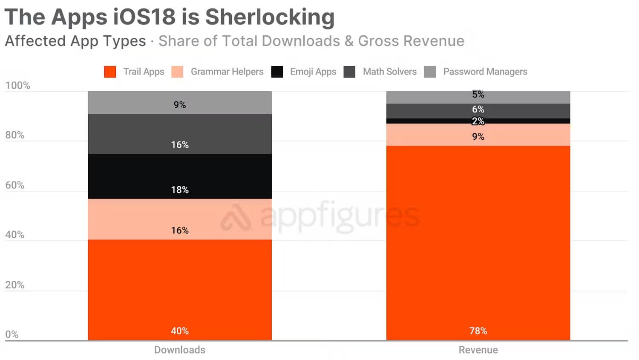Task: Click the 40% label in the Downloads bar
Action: tap(180, 331)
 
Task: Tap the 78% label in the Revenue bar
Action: tap(478, 331)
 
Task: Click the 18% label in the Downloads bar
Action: tap(180, 190)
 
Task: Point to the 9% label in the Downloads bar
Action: tap(180, 105)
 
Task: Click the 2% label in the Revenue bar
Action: tap(478, 121)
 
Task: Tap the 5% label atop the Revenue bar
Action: tap(478, 95)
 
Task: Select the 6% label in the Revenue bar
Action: tap(478, 109)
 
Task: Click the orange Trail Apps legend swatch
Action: tap(110, 72)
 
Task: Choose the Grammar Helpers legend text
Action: tap(227, 72)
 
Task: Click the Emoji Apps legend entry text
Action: tap(313, 72)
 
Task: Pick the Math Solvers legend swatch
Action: tap(349, 72)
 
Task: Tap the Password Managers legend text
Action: tap(485, 72)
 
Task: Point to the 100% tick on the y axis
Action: tap(17, 85)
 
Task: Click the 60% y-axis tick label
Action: tap(15, 185)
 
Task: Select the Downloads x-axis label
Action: tap(180, 350)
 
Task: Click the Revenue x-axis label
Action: tap(478, 350)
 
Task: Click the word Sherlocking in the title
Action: tap(270, 17)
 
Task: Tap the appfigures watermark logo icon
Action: tap(236, 217)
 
